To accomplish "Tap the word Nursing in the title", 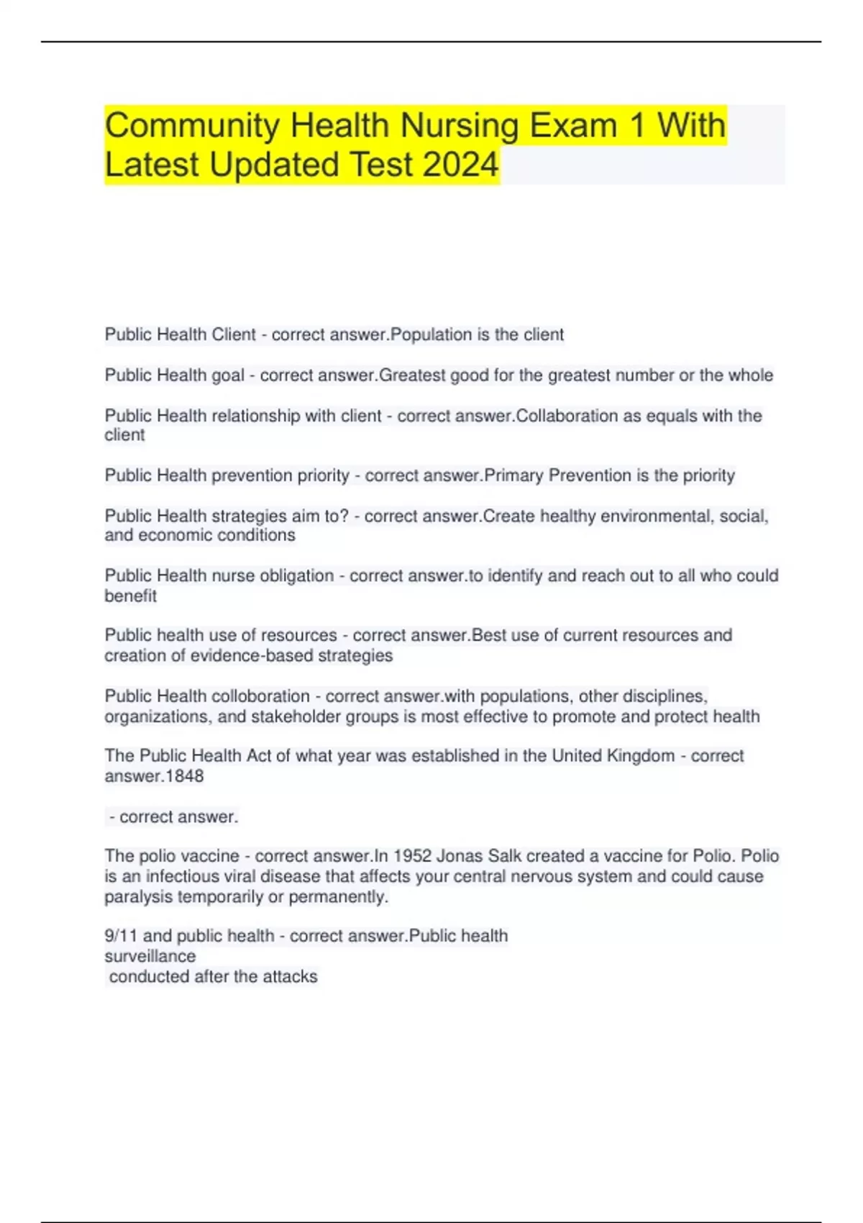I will pyautogui.click(x=459, y=125).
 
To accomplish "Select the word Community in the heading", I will pyautogui.click(x=193, y=125).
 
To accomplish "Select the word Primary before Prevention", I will pyautogui.click(x=514, y=476).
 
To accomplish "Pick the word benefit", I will pyautogui.click(x=130, y=596).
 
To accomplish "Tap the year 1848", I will pyautogui.click(x=185, y=776).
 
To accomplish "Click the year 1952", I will pyautogui.click(x=412, y=856).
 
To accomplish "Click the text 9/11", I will pyautogui.click(x=120, y=936).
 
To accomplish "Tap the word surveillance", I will pyautogui.click(x=150, y=956).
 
